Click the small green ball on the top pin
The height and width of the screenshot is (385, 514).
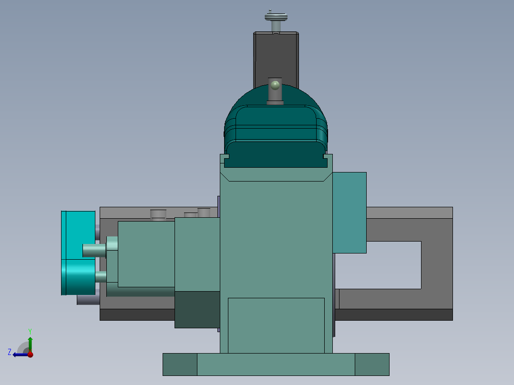point(275,85)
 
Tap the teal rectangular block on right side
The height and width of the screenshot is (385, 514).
point(350,212)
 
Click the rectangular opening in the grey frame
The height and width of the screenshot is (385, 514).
point(379,264)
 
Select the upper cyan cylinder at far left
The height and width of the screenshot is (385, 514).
point(78,235)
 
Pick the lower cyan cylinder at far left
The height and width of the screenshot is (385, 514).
point(78,277)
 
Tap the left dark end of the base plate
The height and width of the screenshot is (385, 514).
point(180,365)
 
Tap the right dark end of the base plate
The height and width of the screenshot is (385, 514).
point(372,365)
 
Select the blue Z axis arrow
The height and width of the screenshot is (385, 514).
point(19,355)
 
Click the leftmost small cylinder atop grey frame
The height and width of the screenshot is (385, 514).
point(158,214)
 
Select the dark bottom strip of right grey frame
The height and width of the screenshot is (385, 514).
point(393,314)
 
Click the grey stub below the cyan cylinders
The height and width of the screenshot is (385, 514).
point(88,300)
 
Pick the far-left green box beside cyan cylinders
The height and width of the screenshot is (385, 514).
point(145,254)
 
